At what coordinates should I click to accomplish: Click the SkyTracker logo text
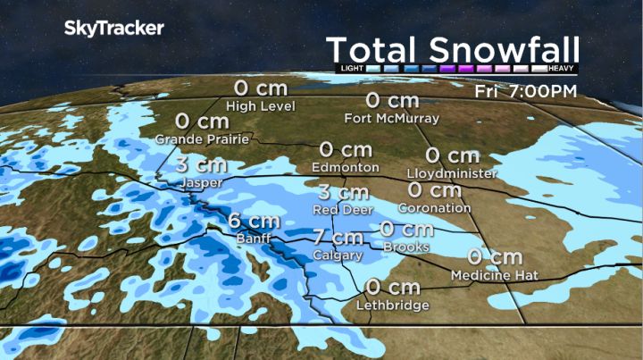tap(113, 29)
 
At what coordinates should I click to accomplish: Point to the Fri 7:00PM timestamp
tap(526, 91)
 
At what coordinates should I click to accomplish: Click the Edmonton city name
tap(346, 167)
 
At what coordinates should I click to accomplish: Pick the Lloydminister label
tap(451, 173)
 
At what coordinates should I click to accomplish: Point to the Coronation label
tap(434, 207)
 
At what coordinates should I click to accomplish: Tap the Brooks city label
tap(406, 247)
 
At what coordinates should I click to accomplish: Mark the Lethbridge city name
tap(390, 306)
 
